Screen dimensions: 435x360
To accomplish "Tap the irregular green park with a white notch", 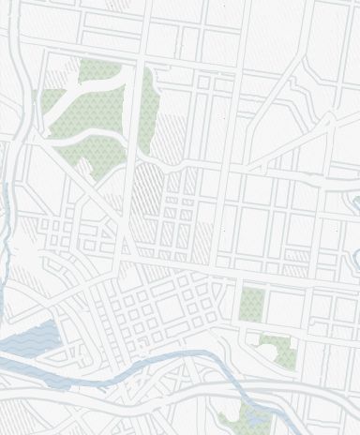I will tap(277, 349).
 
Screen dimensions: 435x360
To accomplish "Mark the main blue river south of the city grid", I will tap(141, 361).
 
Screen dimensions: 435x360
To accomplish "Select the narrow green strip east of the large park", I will tap(148, 112).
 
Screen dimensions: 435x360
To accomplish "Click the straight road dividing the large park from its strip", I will tap(137, 112).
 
